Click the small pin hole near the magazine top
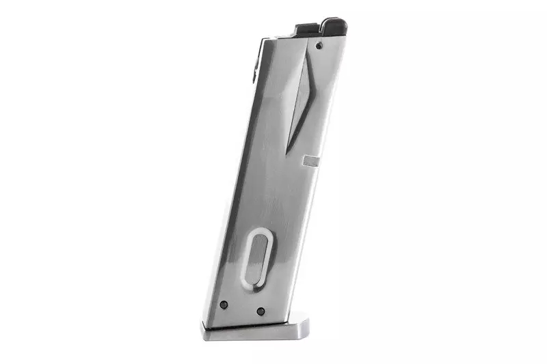pos(320,46)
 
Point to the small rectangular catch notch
pos(311,161)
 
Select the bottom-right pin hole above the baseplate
pos(261,311)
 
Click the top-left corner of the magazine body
pos(263,39)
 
